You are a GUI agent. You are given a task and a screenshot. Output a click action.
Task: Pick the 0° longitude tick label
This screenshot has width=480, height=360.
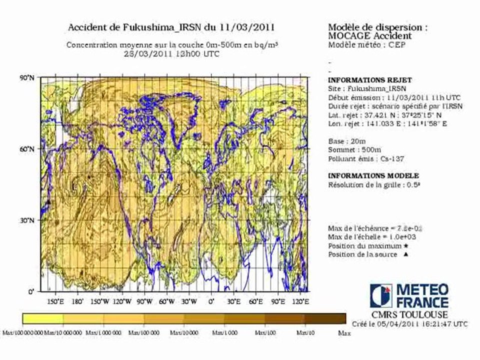click(x=211, y=301)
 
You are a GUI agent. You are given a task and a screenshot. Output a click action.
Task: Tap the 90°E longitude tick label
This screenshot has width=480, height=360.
click(x=278, y=301)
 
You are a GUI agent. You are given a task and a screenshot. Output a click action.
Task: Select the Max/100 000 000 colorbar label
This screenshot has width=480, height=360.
click(x=22, y=332)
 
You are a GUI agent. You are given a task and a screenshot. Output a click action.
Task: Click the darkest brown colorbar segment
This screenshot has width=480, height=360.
click(x=325, y=318)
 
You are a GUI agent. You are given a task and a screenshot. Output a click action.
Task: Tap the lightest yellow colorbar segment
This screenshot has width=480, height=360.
click(x=43, y=318)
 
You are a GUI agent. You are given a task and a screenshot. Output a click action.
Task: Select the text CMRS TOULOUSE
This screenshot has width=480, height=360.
click(x=409, y=315)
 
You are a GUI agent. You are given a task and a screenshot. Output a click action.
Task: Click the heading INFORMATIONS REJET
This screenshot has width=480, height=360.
click(x=362, y=80)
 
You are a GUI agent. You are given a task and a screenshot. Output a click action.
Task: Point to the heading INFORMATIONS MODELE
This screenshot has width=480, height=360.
click(x=373, y=176)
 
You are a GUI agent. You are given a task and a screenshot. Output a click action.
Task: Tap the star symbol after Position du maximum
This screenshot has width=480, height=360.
click(x=405, y=246)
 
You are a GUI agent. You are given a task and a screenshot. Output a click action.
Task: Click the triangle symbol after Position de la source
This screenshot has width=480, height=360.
click(x=405, y=254)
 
